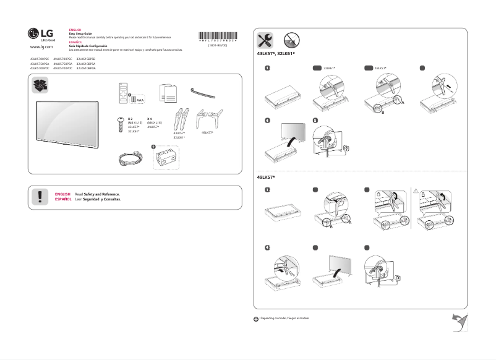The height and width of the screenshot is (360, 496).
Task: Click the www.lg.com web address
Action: pos(41,47)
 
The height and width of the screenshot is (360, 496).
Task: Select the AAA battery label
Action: pos(140,99)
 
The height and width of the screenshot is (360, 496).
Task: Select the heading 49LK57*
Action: pos(267,178)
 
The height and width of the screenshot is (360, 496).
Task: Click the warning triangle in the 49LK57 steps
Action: pos(416,191)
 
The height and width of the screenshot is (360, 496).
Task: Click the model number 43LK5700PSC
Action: pos(40,59)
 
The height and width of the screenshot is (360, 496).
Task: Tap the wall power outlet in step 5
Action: pos(346,148)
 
